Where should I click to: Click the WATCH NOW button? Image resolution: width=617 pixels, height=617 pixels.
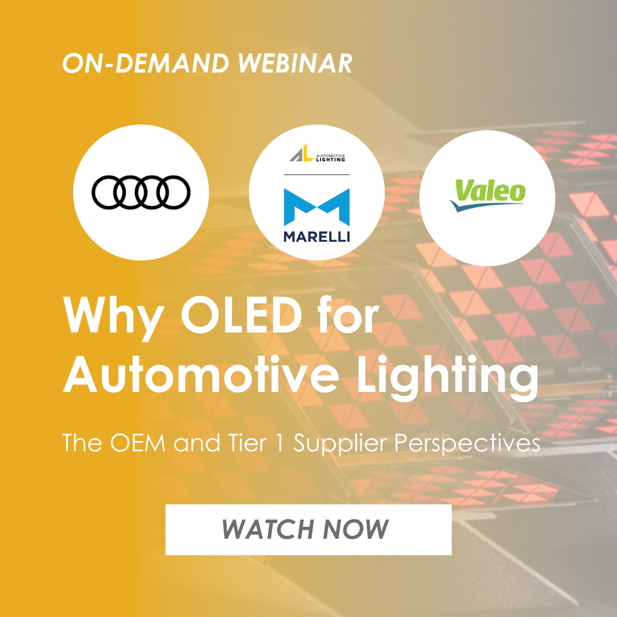(x=308, y=529)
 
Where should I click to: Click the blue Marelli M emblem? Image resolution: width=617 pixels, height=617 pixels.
(x=316, y=207)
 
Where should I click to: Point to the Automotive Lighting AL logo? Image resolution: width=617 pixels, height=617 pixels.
(x=316, y=153)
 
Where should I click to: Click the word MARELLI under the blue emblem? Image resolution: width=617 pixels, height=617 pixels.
(x=316, y=237)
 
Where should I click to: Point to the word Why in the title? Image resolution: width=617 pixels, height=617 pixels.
(x=114, y=319)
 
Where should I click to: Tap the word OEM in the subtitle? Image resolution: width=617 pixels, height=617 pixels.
(x=138, y=443)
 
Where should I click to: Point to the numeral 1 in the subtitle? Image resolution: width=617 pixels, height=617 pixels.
(x=280, y=443)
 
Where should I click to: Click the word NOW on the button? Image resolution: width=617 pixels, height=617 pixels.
(x=356, y=529)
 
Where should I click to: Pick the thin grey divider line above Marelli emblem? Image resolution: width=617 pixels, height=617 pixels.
(x=316, y=174)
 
